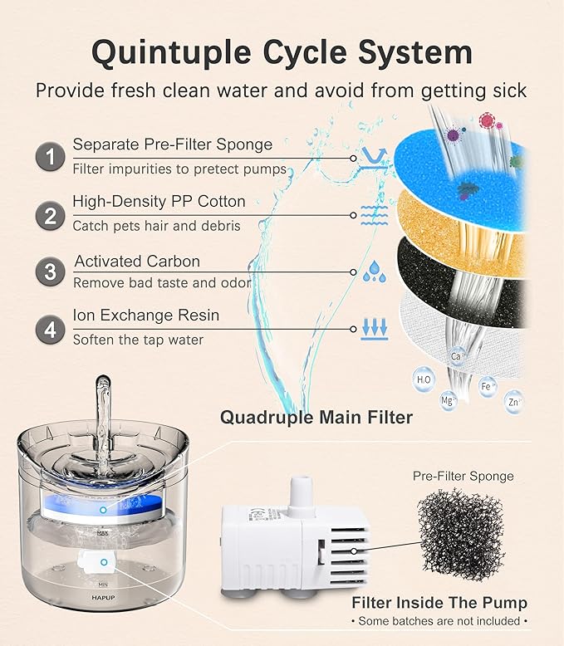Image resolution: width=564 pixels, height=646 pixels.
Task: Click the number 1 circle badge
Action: click(x=51, y=156)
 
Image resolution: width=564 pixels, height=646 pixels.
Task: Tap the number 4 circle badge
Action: click(x=51, y=329)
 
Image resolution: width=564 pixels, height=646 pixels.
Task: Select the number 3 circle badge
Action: click(x=51, y=271)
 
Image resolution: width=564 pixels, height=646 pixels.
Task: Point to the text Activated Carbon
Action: click(x=137, y=261)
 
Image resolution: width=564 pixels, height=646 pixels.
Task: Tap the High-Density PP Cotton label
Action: click(x=159, y=201)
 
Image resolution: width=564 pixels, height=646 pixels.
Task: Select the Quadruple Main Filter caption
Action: click(x=316, y=417)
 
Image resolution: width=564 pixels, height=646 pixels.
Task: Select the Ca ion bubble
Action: click(x=455, y=355)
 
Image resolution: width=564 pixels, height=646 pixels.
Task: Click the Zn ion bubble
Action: click(x=515, y=403)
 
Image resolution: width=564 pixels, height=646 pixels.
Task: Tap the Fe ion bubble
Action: click(x=488, y=386)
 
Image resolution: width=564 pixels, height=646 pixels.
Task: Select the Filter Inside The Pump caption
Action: click(x=439, y=603)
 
